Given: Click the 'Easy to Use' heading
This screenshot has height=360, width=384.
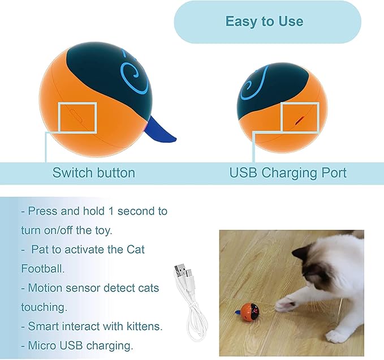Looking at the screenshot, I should (264, 22).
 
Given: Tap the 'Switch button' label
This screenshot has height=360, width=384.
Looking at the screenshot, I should (94, 173).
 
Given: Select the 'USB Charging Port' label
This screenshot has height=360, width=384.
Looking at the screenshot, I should (288, 173).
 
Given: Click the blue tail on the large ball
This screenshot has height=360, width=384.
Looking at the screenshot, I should (162, 130).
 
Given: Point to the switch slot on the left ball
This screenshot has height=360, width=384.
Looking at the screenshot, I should (76, 115).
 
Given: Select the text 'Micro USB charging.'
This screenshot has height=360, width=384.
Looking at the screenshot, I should (77, 345).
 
